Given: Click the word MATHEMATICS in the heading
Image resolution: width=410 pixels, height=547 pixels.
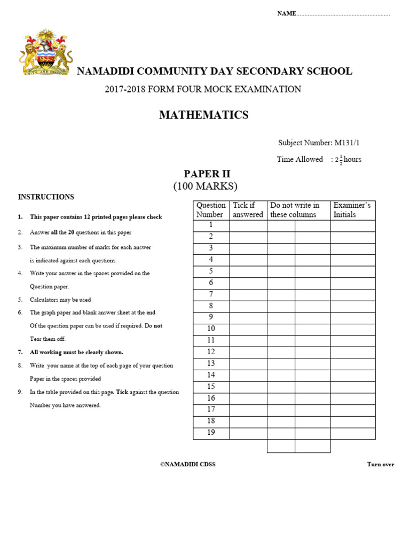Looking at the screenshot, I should (x=203, y=115).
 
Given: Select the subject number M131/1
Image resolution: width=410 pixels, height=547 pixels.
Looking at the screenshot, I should (x=351, y=143).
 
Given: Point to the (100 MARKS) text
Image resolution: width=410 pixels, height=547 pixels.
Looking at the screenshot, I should (x=205, y=186).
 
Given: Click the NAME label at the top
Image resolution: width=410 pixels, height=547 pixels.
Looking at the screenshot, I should (x=286, y=13).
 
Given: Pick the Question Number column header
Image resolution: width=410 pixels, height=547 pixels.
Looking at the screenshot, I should (x=211, y=210).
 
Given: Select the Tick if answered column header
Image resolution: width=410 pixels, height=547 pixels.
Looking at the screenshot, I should (x=248, y=210).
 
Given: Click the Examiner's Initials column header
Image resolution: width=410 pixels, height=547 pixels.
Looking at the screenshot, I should (x=352, y=210).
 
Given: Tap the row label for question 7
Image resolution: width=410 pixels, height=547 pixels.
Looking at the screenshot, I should (x=211, y=294).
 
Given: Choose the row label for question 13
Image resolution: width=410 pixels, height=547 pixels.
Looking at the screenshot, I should (x=211, y=364).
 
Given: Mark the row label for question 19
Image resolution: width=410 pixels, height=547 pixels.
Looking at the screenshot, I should (x=211, y=433).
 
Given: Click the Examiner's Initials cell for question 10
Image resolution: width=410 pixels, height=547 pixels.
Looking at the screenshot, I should (x=352, y=329).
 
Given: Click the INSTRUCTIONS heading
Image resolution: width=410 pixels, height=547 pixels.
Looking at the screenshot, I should (x=46, y=197).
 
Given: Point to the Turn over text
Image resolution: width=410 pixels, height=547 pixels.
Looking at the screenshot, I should (x=381, y=464).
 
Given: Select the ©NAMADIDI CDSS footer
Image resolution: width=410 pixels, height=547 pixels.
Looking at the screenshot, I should (x=188, y=464).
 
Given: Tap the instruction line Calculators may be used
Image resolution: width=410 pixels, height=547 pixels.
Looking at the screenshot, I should (x=60, y=300).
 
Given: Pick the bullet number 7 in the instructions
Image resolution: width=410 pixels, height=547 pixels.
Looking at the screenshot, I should (x=20, y=353).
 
